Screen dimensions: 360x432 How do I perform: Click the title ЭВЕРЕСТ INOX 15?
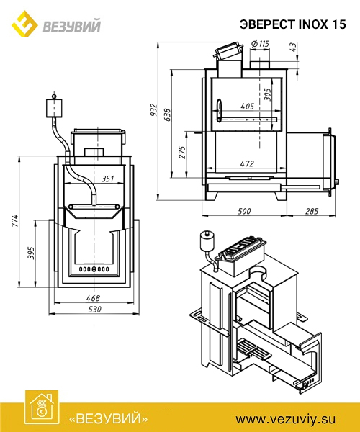(x=292, y=24)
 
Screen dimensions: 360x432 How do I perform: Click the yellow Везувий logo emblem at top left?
(x=24, y=24)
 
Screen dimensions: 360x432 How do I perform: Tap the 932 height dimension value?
(x=154, y=109)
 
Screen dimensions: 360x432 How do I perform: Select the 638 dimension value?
(x=168, y=115)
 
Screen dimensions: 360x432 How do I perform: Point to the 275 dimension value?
(x=182, y=152)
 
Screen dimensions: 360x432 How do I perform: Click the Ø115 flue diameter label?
(x=260, y=44)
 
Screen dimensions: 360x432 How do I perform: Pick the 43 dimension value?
(x=294, y=47)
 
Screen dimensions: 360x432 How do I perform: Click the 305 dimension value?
(x=267, y=94)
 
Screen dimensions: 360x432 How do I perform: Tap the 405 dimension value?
(x=247, y=106)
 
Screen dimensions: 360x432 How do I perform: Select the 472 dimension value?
(x=247, y=163)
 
